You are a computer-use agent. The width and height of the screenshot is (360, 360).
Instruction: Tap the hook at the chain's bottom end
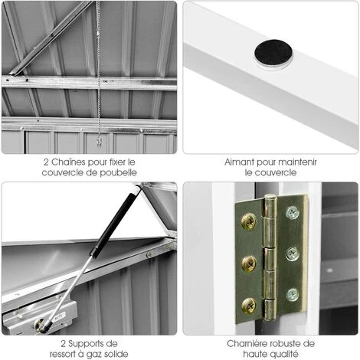point(99,142)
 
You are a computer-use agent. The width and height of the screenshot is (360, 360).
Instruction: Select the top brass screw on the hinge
point(249,221)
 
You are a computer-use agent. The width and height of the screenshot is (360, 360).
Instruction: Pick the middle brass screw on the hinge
point(249,263)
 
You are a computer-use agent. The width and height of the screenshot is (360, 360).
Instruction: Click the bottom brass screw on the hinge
point(249,305)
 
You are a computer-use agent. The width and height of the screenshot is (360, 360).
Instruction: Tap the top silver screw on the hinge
point(293,213)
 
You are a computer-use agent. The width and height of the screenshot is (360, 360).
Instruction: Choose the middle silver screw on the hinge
point(293,254)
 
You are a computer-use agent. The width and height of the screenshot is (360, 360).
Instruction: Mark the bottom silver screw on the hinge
point(293,295)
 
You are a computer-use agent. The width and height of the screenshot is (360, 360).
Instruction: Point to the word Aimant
point(239,162)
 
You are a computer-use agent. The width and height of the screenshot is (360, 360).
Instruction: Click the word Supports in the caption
point(87,344)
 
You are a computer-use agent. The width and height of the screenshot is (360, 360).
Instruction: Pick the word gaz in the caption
point(96,355)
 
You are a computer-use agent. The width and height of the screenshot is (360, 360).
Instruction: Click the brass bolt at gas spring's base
point(39,324)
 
